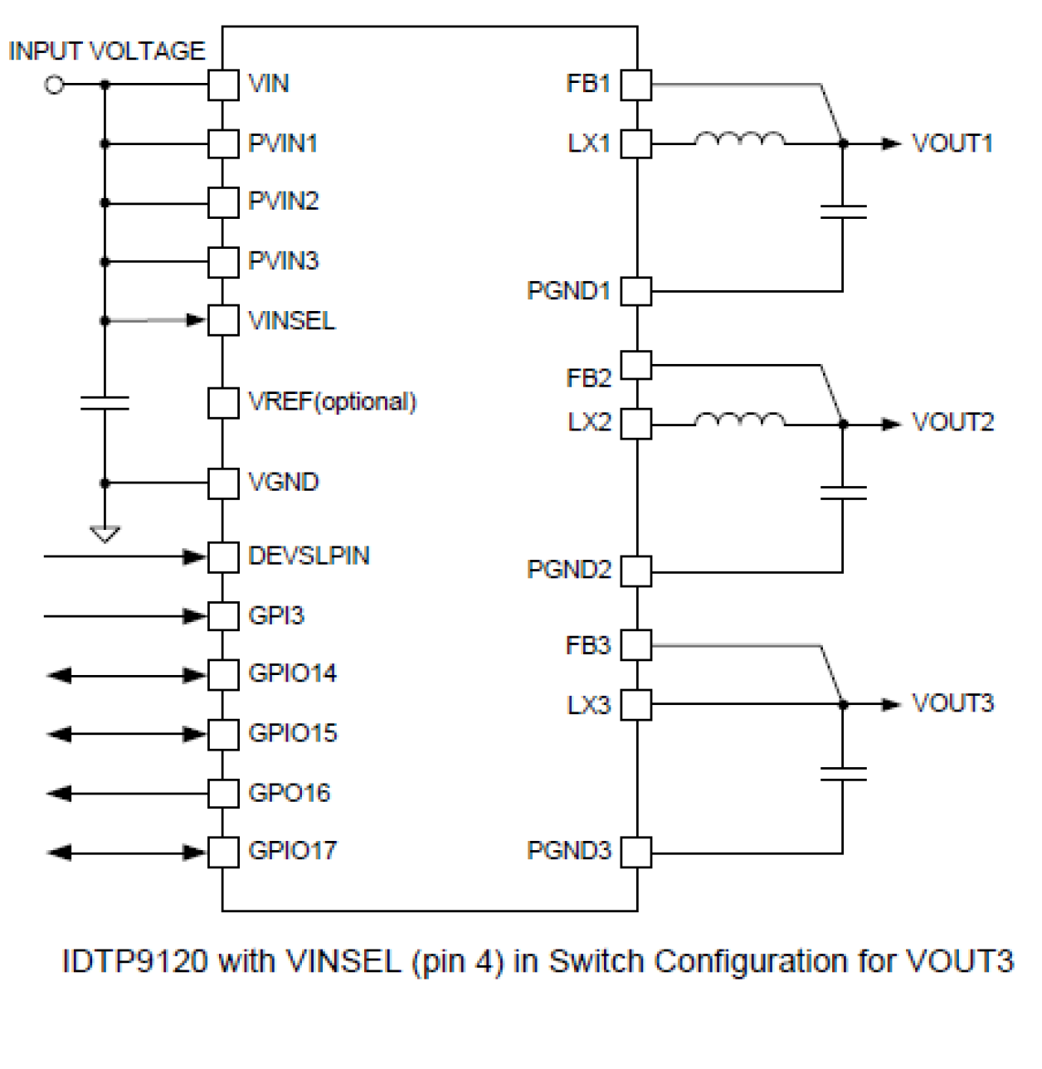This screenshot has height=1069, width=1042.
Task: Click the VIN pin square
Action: click(x=223, y=85)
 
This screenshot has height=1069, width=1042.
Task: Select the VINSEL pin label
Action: click(x=291, y=321)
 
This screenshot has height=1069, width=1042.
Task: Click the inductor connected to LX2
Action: click(x=738, y=420)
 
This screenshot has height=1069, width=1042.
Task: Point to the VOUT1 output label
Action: click(x=952, y=143)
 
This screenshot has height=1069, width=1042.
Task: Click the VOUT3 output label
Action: click(x=952, y=704)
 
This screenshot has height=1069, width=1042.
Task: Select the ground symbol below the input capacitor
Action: click(x=105, y=534)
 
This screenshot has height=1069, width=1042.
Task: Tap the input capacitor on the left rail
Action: click(x=105, y=403)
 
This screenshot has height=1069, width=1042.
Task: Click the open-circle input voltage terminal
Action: click(x=55, y=85)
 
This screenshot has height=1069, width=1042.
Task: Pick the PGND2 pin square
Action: click(x=636, y=571)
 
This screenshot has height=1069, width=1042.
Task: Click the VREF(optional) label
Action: click(x=332, y=402)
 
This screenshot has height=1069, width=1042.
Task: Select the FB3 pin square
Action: click(x=636, y=645)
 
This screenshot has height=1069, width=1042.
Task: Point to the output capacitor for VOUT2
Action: click(x=843, y=493)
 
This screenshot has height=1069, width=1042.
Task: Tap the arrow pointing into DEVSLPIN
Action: click(x=124, y=556)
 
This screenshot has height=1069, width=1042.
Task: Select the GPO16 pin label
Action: click(x=289, y=794)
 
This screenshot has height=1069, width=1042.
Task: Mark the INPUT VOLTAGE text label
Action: click(x=106, y=51)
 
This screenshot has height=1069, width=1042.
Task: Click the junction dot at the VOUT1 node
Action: click(x=843, y=143)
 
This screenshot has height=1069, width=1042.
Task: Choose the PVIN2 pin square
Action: click(x=223, y=202)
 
